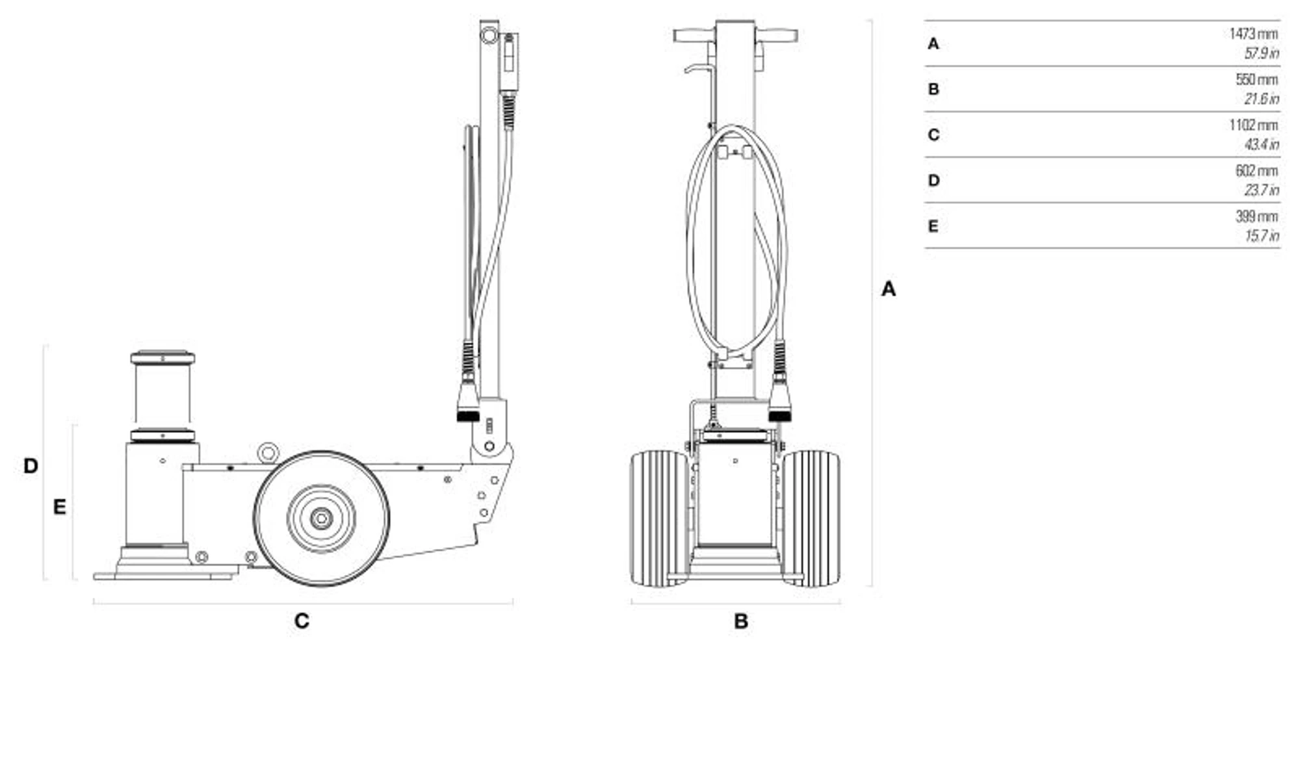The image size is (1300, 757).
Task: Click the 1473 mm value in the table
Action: [x=1253, y=34]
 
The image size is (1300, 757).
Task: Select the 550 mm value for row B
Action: [x=1256, y=80]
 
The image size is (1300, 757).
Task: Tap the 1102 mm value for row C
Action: [x=1253, y=125]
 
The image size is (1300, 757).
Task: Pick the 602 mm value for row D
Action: [x=1256, y=171]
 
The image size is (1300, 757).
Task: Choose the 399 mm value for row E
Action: [x=1256, y=216]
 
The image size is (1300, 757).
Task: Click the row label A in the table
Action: [x=933, y=44]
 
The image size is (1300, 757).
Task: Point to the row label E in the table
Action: [x=933, y=226]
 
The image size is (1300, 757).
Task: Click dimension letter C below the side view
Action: [x=302, y=621]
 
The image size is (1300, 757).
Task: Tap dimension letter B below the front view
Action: [x=741, y=621]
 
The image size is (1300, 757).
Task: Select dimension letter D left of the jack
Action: [x=31, y=466]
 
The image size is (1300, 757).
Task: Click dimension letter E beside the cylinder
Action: [x=59, y=507]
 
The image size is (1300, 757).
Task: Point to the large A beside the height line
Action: [x=889, y=289]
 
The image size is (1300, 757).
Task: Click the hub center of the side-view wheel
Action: [x=321, y=519]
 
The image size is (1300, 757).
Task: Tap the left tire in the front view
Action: [x=659, y=518]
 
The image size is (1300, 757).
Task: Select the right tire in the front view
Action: [x=811, y=518]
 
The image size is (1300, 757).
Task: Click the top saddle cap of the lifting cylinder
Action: [x=162, y=358]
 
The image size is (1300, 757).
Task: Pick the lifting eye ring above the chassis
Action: [x=267, y=452]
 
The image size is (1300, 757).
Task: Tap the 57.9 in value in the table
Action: [x=1261, y=53]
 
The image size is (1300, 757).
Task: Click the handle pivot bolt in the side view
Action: [x=489, y=446]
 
